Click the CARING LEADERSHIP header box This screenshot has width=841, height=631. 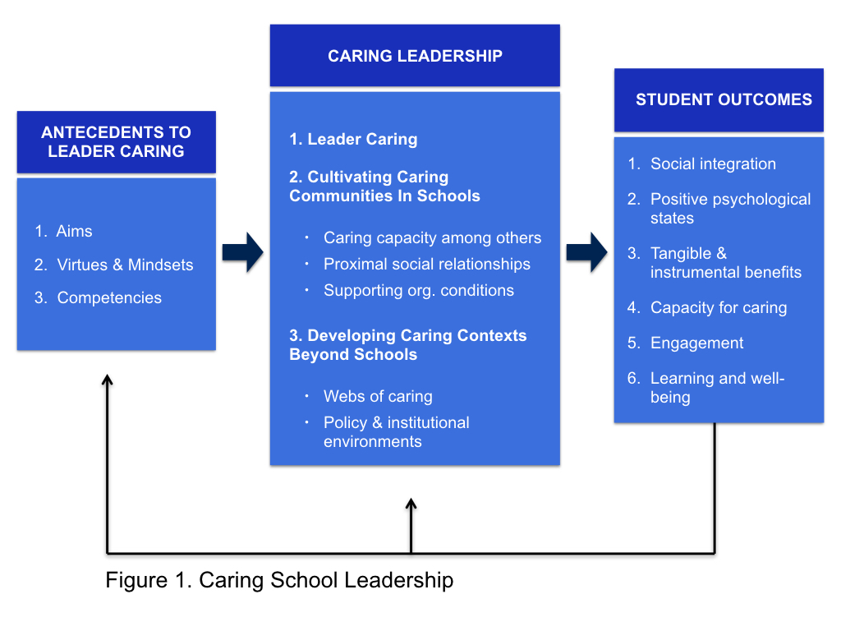tap(415, 56)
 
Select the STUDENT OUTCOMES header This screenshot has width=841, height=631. tap(719, 100)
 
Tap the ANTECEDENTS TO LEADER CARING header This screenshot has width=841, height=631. tap(116, 141)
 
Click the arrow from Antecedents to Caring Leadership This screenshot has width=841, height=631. tap(242, 251)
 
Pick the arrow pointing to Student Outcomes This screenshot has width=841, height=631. tap(586, 251)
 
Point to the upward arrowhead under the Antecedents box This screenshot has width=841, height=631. tap(107, 380)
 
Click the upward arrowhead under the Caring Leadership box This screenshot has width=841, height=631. tap(411, 503)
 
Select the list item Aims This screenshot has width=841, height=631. tap(74, 232)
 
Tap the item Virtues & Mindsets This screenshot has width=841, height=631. tap(125, 265)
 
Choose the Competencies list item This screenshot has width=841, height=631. tap(109, 297)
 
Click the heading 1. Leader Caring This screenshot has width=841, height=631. tap(353, 140)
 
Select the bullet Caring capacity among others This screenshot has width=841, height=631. tap(432, 238)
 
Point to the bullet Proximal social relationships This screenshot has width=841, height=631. tap(426, 264)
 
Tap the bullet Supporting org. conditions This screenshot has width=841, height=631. tap(418, 290)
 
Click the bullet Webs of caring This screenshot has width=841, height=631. tap(378, 396)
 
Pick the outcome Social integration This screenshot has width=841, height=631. tap(712, 164)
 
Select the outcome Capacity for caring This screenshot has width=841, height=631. tap(718, 308)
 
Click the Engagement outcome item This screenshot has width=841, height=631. tap(696, 343)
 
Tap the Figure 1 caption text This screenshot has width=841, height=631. tap(279, 580)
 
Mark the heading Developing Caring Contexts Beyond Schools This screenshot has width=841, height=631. tap(407, 345)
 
